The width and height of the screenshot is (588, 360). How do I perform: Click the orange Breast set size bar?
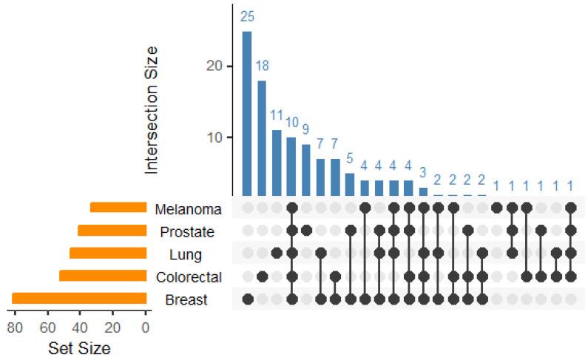point(79,299)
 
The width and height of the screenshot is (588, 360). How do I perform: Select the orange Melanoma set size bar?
point(118,208)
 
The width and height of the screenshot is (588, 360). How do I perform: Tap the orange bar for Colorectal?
point(103,276)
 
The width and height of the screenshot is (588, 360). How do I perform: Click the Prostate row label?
point(187,232)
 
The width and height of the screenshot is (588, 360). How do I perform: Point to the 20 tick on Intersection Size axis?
point(214,67)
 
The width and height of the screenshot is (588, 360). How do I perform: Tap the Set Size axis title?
point(79,347)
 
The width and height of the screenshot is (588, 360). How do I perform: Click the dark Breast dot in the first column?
point(248,299)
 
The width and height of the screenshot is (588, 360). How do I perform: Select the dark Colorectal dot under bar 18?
point(262,276)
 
